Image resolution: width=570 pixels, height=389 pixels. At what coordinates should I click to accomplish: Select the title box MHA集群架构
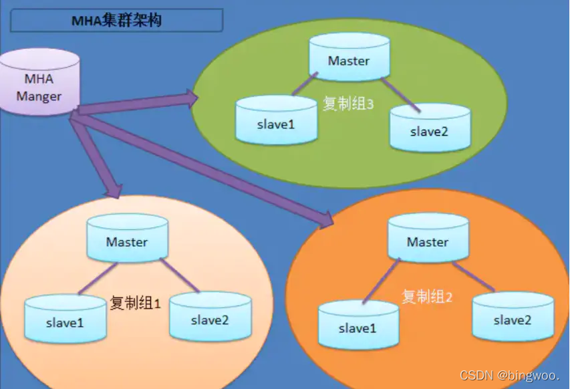coord(116,21)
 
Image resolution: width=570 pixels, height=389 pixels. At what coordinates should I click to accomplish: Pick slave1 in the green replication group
coord(276,122)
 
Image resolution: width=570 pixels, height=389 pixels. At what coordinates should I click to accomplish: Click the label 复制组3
coord(347,104)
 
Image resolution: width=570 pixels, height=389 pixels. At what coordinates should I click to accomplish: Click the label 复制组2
coord(427,296)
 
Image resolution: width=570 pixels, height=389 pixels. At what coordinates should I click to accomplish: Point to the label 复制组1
coord(136,303)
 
